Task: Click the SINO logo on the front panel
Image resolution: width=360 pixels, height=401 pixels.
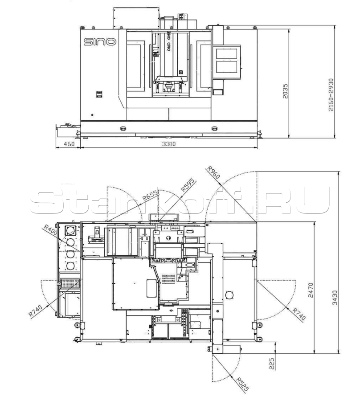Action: coord(100,42)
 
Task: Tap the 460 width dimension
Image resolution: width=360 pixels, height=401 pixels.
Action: coord(69,144)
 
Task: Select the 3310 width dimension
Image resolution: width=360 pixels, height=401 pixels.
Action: coord(169,144)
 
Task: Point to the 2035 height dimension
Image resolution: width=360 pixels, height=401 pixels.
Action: coord(285,91)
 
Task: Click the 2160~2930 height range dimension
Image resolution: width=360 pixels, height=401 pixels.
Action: coord(331,94)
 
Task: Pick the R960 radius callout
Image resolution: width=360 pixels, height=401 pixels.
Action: coord(213,172)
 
